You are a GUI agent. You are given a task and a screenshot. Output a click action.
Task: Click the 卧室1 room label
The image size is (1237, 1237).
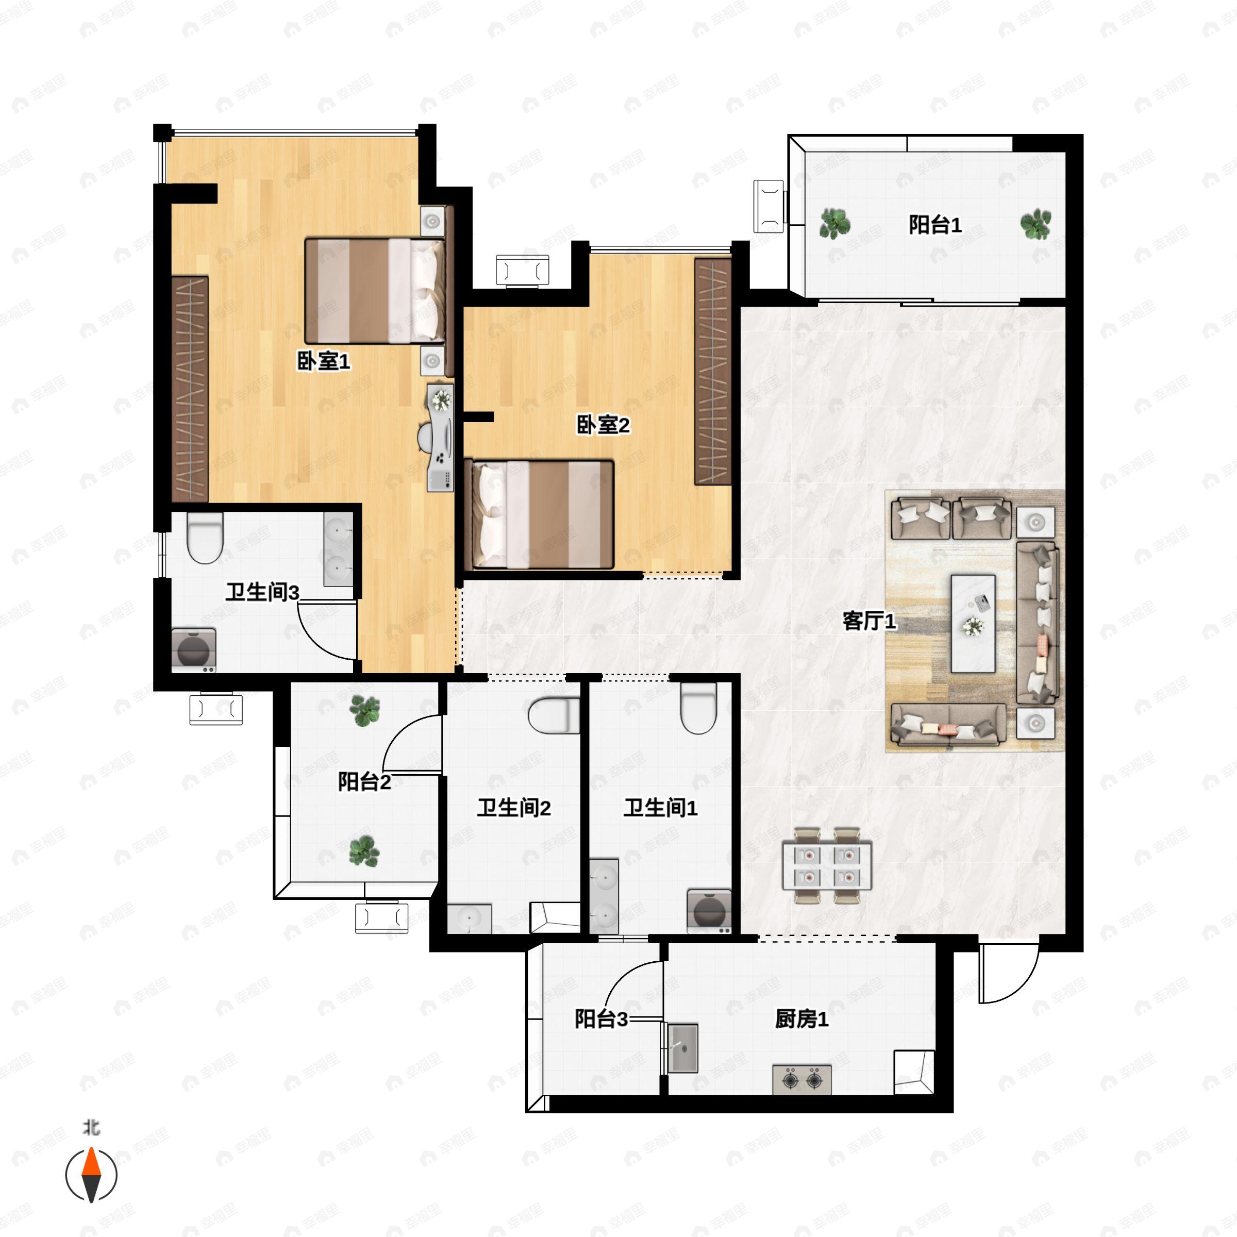coord(323,362)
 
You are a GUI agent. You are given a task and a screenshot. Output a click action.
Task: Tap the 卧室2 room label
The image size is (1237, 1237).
coord(603,425)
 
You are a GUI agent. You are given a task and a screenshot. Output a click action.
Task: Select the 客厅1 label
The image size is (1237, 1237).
coord(869,621)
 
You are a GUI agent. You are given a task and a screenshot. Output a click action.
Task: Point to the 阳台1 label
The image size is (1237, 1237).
coord(935,225)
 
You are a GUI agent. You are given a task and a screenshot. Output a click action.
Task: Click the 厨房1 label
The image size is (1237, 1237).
coord(801,1018)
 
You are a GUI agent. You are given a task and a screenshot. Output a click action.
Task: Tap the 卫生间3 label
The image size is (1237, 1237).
coord(262,592)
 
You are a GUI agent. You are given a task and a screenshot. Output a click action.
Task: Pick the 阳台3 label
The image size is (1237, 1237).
coord(601,1018)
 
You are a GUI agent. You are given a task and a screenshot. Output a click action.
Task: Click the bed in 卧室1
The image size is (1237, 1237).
coord(375,291)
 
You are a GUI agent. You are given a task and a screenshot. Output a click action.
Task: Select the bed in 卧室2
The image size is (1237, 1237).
coord(542,514)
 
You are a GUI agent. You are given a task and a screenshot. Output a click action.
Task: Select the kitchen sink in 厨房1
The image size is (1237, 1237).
coord(682,1048)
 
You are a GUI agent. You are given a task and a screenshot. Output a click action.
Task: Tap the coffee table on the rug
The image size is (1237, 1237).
coord(973,624)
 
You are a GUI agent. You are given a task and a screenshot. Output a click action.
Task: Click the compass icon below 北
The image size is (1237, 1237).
coord(92,1175)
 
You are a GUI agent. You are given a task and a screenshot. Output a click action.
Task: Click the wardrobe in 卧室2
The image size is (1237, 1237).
coord(713,371)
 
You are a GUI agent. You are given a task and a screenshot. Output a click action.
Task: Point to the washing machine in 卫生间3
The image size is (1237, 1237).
coord(193,650)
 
